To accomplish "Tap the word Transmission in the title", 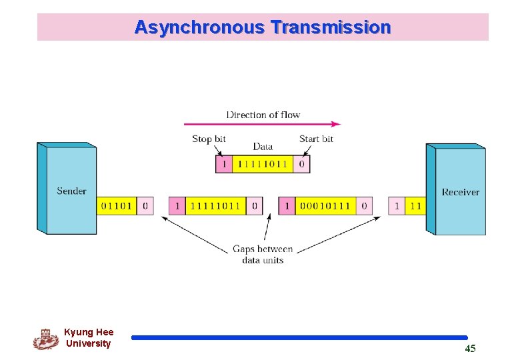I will (x=331, y=27).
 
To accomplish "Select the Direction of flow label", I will (x=263, y=115).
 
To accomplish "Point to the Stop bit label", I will (x=209, y=139).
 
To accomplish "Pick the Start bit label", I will (x=316, y=139).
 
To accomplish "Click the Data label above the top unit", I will (x=263, y=147).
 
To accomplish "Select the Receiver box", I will (x=460, y=192).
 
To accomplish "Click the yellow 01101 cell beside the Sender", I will (x=117, y=206).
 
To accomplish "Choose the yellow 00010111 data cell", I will (x=325, y=206).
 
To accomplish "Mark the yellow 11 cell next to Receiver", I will (x=415, y=206).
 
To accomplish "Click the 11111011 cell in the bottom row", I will (x=215, y=206).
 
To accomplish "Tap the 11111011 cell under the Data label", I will (x=262, y=163).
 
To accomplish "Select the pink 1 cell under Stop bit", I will (x=223, y=163).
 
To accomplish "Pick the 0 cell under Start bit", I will (x=302, y=163).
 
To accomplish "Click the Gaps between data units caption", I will (x=262, y=254).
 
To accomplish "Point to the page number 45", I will (x=470, y=349).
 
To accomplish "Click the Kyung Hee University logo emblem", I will (x=45, y=339).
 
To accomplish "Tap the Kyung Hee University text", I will (x=89, y=338).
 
